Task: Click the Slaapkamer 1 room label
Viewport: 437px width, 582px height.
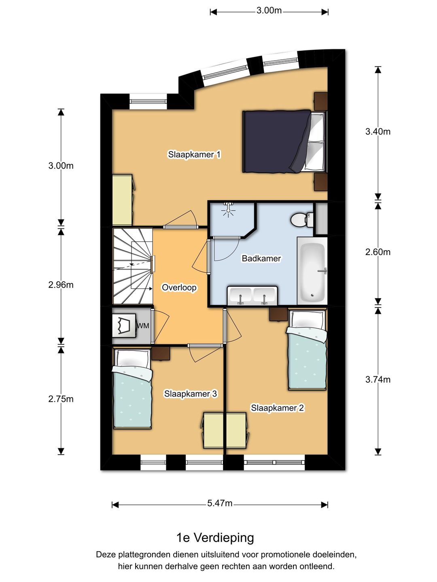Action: click(194, 154)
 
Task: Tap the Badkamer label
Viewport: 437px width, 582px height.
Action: click(261, 259)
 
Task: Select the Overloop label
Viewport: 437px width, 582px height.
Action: click(179, 288)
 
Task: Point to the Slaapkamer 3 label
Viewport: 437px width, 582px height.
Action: click(191, 394)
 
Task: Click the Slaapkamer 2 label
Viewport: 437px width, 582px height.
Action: click(278, 408)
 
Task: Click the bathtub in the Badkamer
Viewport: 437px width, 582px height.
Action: click(312, 271)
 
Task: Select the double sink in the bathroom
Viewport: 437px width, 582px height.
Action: click(252, 295)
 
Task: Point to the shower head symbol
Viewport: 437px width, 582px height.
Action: click(228, 209)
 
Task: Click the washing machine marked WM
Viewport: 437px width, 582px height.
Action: click(124, 325)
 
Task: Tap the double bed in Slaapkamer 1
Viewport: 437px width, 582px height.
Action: click(285, 141)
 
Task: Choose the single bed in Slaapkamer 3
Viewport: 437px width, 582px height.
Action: click(132, 388)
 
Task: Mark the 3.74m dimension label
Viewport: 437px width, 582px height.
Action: click(378, 380)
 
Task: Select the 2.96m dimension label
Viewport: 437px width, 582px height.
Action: click(61, 285)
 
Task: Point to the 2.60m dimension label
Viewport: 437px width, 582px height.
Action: click(378, 252)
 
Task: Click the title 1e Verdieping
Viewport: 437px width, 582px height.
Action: click(215, 538)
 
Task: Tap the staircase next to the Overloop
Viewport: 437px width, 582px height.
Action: click(133, 266)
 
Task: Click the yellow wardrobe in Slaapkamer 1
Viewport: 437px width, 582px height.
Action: click(123, 200)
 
